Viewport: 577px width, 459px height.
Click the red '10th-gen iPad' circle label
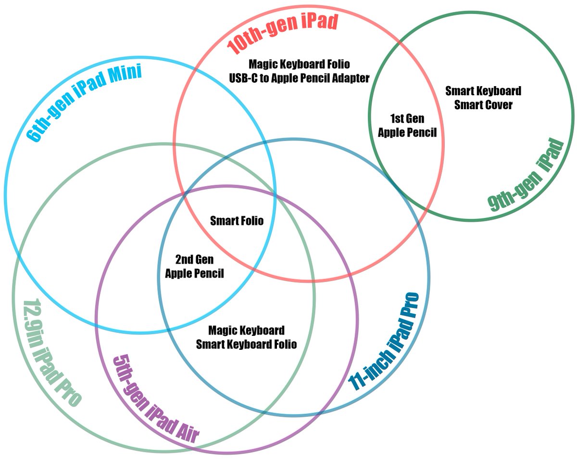point(283,33)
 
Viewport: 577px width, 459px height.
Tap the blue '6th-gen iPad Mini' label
point(84,104)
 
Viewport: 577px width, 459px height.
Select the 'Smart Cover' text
point(483,104)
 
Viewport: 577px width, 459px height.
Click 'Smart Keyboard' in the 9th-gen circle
point(483,91)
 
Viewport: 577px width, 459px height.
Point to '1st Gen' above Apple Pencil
point(407,119)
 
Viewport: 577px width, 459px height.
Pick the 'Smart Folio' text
point(237,221)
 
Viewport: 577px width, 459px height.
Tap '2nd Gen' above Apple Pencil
point(194,260)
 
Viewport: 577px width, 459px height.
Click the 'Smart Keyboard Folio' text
point(246,344)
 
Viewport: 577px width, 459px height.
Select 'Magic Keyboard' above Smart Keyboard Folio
point(246,331)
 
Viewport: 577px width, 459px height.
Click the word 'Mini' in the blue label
point(124,76)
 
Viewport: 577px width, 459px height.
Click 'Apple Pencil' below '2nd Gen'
point(194,273)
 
